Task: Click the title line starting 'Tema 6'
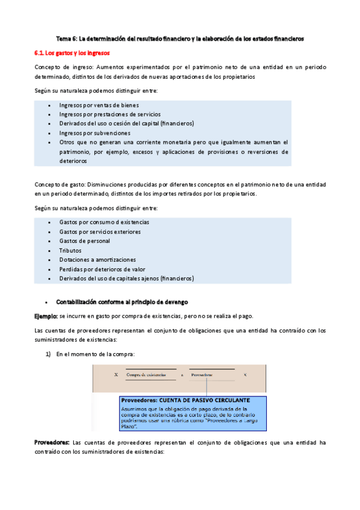tap(180, 38)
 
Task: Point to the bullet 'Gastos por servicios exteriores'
tap(100, 232)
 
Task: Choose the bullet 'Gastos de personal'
tap(85, 241)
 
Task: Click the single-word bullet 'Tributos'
tap(70, 250)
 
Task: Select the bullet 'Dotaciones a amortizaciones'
tap(97, 260)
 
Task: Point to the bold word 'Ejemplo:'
tap(46, 316)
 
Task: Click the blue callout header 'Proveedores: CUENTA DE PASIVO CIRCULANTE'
tap(185, 399)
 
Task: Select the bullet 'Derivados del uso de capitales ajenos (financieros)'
tap(126, 278)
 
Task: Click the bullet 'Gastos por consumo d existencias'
tap(104, 222)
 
